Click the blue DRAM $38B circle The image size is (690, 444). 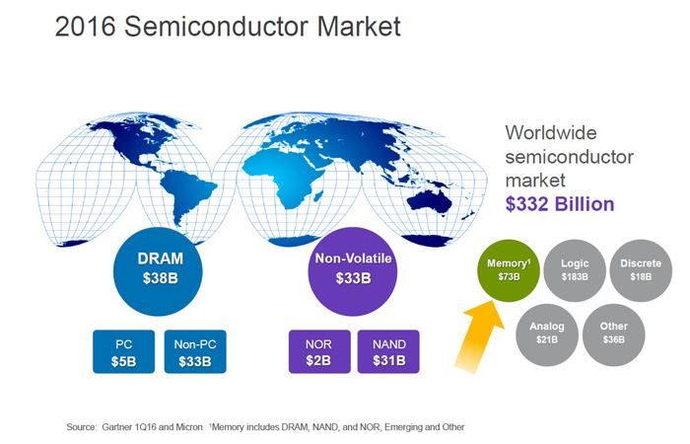pyautogui.click(x=158, y=271)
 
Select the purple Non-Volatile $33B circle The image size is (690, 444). pyautogui.click(x=353, y=271)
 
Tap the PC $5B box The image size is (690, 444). pyautogui.click(x=123, y=351)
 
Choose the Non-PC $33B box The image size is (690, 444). pyautogui.click(x=195, y=351)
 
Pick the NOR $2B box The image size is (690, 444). pyautogui.click(x=319, y=351)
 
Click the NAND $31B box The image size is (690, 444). pyautogui.click(x=388, y=351)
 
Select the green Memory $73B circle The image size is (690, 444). pyautogui.click(x=509, y=270)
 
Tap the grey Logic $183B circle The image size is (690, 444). pyautogui.click(x=575, y=270)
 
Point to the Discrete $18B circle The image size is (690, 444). pyautogui.click(x=641, y=270)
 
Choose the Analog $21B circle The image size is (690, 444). pyautogui.click(x=547, y=334)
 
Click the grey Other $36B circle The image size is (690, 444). pyautogui.click(x=613, y=334)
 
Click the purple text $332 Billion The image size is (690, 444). pyautogui.click(x=559, y=204)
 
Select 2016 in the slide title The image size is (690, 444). pyautogui.click(x=86, y=27)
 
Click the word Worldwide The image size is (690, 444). pyautogui.click(x=550, y=132)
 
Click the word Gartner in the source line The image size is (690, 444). pyautogui.click(x=117, y=427)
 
